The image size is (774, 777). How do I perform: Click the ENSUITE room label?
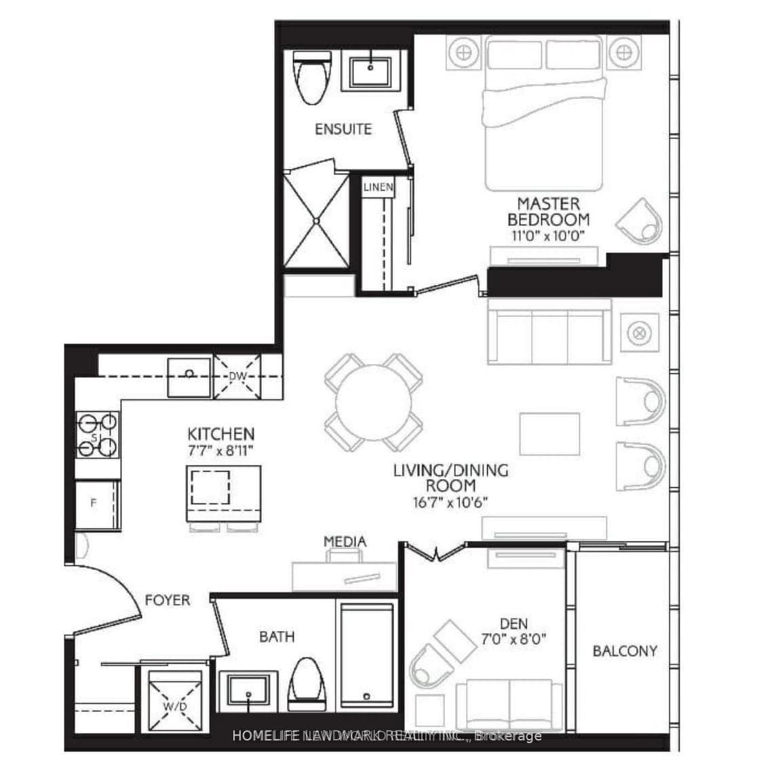coord(343,128)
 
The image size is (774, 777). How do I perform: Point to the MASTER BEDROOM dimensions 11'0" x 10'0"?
coord(548,235)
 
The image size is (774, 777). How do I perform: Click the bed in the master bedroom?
coord(543,115)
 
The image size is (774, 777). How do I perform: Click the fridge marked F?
coord(96,504)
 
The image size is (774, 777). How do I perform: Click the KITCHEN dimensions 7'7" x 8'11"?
coord(221,449)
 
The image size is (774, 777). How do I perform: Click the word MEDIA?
coord(345,541)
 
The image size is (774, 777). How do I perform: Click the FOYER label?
coord(167,600)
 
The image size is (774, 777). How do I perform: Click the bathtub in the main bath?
coord(366,655)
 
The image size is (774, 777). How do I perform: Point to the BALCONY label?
coord(624,651)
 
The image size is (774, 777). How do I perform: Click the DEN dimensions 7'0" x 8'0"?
coord(514,639)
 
